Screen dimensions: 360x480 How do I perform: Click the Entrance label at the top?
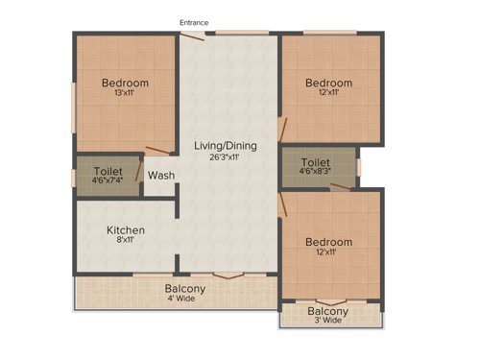tap(193, 22)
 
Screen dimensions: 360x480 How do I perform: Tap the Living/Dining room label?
tap(227, 146)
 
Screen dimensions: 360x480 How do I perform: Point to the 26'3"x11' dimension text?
tap(227, 157)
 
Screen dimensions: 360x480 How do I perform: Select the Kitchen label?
tap(126, 230)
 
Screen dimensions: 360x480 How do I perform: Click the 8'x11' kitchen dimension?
tap(126, 241)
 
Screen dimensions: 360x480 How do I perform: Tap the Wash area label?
tap(160, 176)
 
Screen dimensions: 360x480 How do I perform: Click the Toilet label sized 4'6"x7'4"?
tap(93, 166)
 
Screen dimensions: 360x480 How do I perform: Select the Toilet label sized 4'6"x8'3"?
tap(316, 163)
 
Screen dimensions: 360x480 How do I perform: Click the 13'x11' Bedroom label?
tap(126, 83)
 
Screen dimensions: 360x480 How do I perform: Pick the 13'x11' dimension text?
tap(126, 93)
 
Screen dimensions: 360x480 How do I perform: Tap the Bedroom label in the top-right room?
tap(328, 84)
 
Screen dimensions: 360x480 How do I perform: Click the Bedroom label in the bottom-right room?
tap(328, 242)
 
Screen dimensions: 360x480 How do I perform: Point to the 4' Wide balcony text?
tap(183, 299)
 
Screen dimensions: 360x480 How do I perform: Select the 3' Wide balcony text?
tap(327, 322)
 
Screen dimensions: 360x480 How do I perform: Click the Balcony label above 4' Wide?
tap(183, 288)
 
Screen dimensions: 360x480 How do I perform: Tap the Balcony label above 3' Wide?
tap(327, 311)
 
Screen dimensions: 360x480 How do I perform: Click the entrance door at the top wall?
tap(193, 36)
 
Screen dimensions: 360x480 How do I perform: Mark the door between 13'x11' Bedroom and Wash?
tap(159, 151)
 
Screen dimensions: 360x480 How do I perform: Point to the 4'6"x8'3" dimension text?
tap(316, 175)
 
